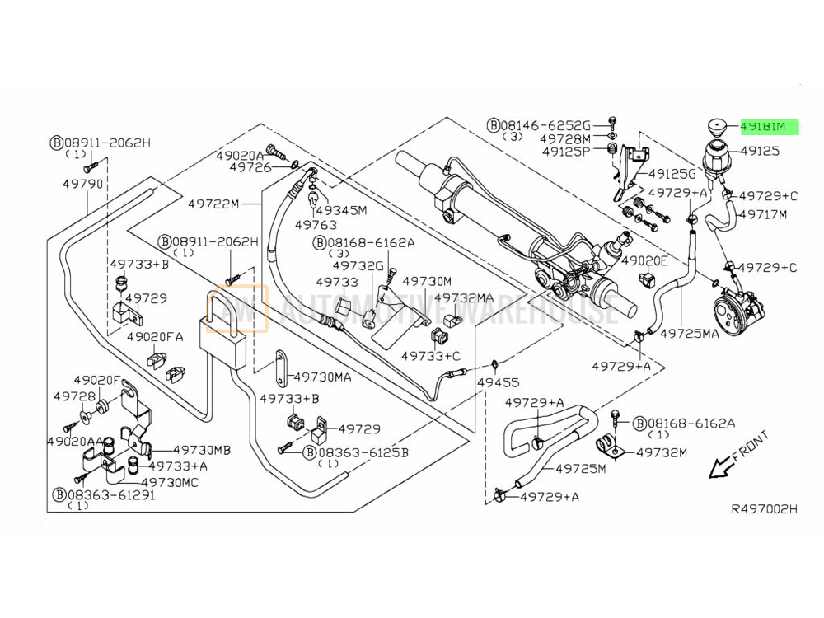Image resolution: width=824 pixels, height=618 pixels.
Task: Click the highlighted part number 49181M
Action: [x=769, y=127]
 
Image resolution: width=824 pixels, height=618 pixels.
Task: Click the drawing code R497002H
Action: [x=764, y=509]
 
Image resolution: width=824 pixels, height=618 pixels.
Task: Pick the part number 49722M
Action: [x=213, y=204]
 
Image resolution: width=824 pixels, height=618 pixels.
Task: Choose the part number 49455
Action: [x=500, y=382]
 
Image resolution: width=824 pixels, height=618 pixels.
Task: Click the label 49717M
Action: [x=762, y=214]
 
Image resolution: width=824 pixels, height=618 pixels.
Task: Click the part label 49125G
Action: [x=672, y=174]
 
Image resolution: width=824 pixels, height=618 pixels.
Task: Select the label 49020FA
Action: [x=155, y=337]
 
